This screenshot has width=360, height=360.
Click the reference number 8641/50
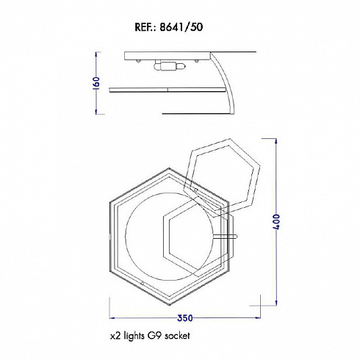tap(181, 27)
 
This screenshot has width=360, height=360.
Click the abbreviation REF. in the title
tap(145, 27)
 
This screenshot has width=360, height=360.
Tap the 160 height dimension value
tap(97, 83)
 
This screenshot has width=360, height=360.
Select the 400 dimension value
tap(276, 222)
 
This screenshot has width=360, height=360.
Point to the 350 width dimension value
tap(185, 318)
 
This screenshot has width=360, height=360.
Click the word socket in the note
tap(177, 335)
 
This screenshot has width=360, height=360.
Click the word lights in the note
tap(134, 336)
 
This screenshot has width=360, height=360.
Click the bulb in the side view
tap(170, 66)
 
